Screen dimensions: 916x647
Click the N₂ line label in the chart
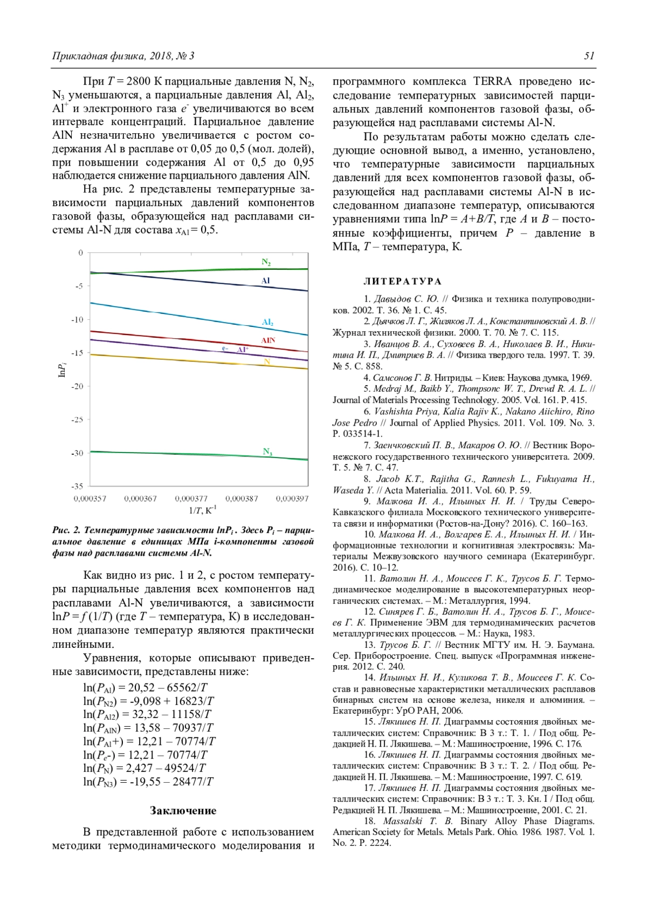click(x=266, y=262)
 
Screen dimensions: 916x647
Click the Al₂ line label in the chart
click(x=267, y=322)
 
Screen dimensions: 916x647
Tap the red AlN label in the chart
click(x=268, y=340)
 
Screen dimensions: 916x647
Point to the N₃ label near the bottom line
click(x=267, y=452)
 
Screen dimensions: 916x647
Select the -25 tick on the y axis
click(x=78, y=420)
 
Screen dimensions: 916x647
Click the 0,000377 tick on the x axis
click(x=191, y=498)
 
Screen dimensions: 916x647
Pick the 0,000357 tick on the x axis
click(x=90, y=498)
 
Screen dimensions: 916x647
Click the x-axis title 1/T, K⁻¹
click(x=202, y=510)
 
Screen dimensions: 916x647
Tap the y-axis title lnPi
click(x=62, y=370)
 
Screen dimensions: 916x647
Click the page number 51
click(x=589, y=56)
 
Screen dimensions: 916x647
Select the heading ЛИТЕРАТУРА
click(x=402, y=281)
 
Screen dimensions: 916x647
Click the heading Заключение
click(x=183, y=810)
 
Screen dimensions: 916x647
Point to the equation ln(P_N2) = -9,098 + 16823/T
click(x=148, y=701)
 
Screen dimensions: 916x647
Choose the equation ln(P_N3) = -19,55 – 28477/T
click(x=148, y=782)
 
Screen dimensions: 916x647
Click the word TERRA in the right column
click(x=492, y=81)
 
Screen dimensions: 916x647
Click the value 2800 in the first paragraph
click(x=138, y=81)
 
